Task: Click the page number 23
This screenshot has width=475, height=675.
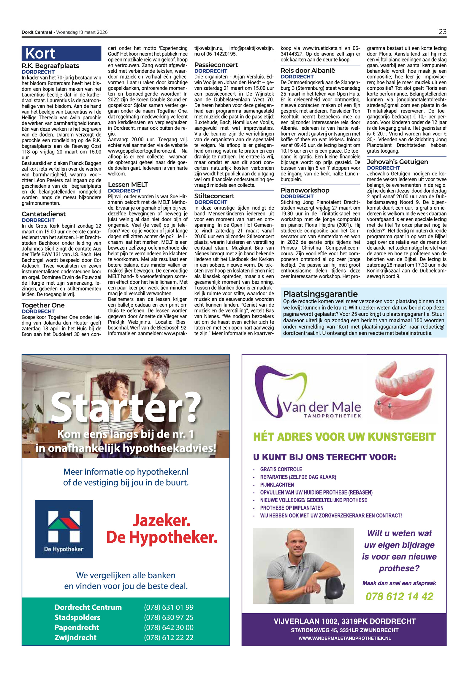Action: (442, 32)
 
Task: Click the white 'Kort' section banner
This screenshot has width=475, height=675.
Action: (40, 54)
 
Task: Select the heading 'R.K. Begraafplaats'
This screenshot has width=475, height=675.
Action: (50, 66)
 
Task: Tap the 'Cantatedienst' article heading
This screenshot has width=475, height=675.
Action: (44, 214)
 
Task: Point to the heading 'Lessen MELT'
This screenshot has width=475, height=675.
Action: (128, 185)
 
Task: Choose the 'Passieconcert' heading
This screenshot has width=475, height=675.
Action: (216, 65)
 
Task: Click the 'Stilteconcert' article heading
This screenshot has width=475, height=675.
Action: (214, 196)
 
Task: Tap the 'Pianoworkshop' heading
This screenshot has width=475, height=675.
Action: (305, 190)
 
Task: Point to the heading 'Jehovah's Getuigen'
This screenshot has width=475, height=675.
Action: (397, 162)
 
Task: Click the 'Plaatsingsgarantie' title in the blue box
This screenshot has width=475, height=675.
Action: (320, 294)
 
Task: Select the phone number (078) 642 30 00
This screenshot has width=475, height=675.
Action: (168, 627)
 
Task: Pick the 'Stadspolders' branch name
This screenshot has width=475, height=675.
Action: (77, 617)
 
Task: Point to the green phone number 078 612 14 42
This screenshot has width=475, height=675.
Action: (399, 596)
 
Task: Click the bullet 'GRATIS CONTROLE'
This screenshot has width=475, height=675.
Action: (281, 469)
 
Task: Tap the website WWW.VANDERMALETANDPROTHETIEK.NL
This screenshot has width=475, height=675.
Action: (344, 638)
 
